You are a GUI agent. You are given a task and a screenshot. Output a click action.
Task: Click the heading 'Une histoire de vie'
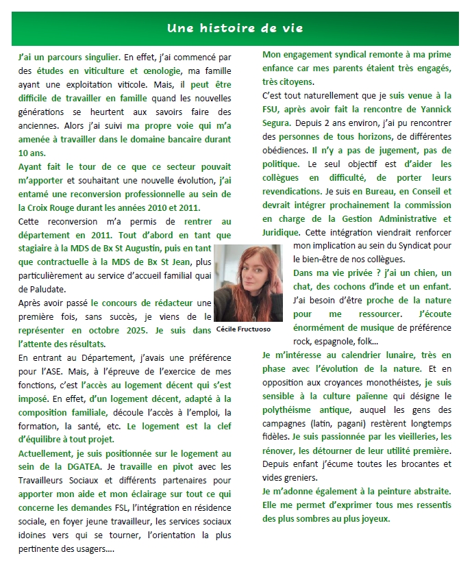[x=235, y=29]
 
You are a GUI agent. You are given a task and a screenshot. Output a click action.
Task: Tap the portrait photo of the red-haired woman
[x=248, y=282]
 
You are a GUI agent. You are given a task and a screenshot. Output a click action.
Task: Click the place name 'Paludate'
[x=40, y=289]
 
